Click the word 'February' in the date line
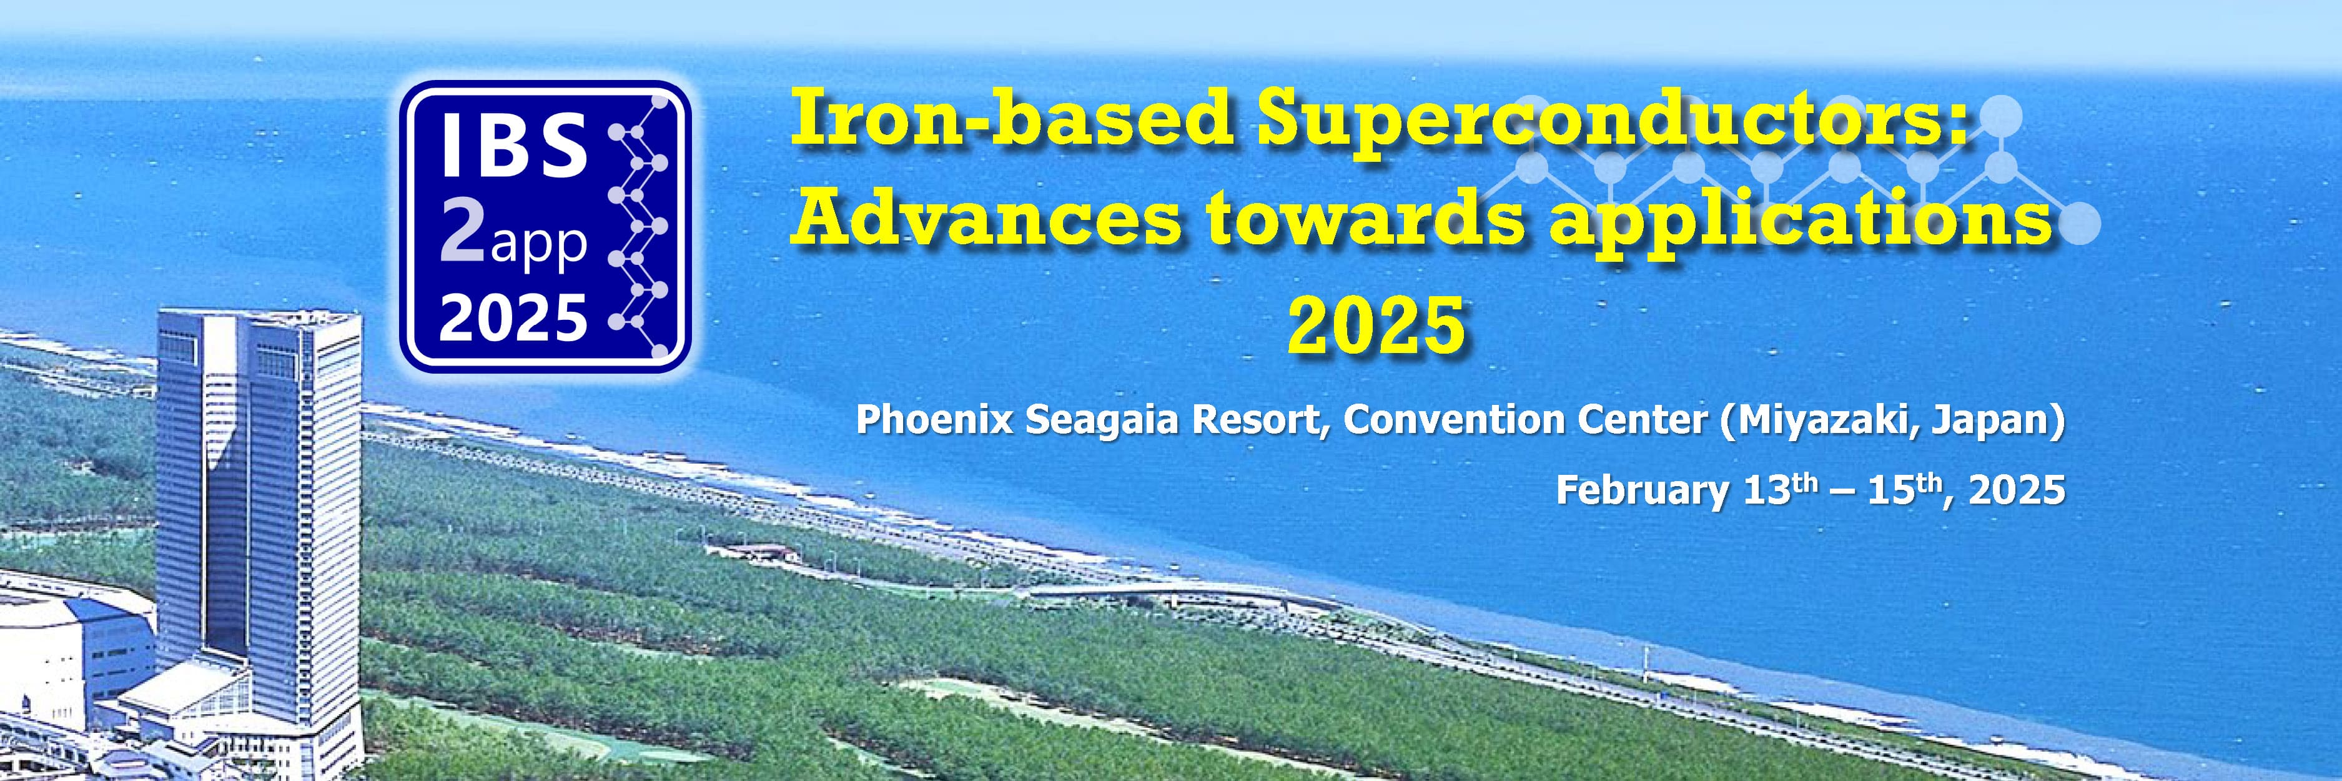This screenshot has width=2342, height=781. [x=1642, y=492]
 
